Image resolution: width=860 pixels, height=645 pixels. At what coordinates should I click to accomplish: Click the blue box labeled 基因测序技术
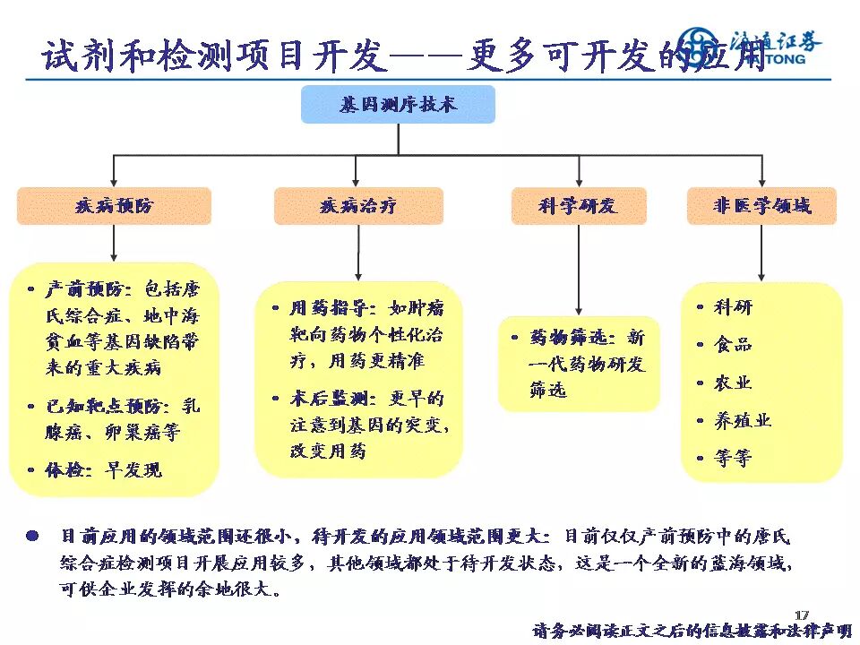[398, 105]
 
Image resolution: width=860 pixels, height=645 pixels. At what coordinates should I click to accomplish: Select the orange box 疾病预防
[114, 206]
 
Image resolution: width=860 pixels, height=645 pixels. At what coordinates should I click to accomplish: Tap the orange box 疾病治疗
[358, 206]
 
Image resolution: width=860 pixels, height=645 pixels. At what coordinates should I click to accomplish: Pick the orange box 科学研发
[578, 206]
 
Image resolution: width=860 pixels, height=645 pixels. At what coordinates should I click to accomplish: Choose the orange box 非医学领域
[761, 206]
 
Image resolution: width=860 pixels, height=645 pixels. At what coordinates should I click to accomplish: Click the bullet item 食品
[733, 344]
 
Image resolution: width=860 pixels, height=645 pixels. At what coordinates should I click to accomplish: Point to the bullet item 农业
[733, 383]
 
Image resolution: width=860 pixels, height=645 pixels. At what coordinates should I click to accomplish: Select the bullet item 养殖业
[742, 420]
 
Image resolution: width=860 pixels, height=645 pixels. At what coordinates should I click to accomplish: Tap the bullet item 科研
[733, 307]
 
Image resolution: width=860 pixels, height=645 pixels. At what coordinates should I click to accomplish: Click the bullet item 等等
[733, 458]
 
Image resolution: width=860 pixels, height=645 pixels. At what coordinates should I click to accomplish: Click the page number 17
[802, 614]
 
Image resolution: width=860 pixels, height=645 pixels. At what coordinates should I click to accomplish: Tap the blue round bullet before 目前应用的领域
[32, 537]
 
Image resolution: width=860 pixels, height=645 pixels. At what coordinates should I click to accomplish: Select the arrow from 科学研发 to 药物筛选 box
[578, 269]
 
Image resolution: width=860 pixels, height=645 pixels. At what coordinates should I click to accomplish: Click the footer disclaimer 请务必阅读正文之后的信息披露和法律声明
[692, 630]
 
